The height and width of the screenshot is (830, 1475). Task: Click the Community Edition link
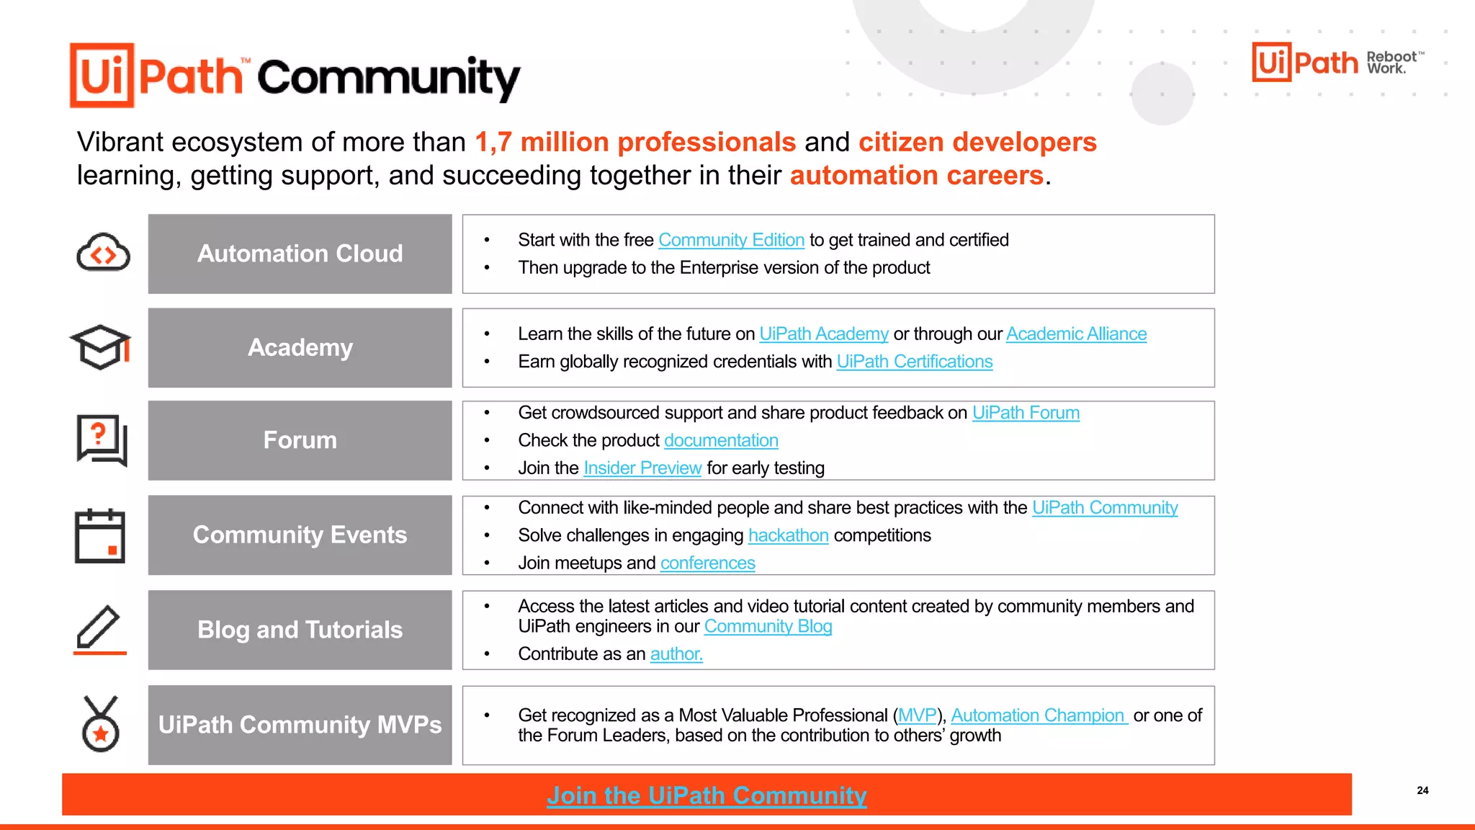pos(731,240)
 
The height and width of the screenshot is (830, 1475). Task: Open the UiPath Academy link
pos(824,334)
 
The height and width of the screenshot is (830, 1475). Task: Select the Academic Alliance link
pos(1076,334)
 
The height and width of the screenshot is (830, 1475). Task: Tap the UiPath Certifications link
pos(915,362)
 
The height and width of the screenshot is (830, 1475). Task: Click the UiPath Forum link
pos(1026,413)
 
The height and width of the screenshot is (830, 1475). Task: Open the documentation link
pos(721,440)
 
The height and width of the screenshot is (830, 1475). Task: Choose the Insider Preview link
pos(642,468)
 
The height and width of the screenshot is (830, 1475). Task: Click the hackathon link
pos(789,535)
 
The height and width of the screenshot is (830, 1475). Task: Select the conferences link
pos(708,563)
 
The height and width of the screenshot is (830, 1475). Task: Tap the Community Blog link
pos(768,627)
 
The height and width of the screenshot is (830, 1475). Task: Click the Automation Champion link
pos(1038,715)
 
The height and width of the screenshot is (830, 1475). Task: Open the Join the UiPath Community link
pos(707,795)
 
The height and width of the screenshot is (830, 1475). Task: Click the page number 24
pos(1422,790)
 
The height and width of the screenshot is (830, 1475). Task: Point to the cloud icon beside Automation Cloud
pos(103,253)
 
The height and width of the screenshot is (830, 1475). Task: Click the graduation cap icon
pos(101,347)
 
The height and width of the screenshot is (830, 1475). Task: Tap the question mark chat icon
pos(102,439)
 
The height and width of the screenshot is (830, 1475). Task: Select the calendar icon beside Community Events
pos(100,535)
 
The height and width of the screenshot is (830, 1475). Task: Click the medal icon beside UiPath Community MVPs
pos(100,724)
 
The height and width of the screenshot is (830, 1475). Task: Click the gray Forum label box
pos(300,440)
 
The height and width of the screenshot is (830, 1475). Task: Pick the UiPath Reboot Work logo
pos(1337,63)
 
